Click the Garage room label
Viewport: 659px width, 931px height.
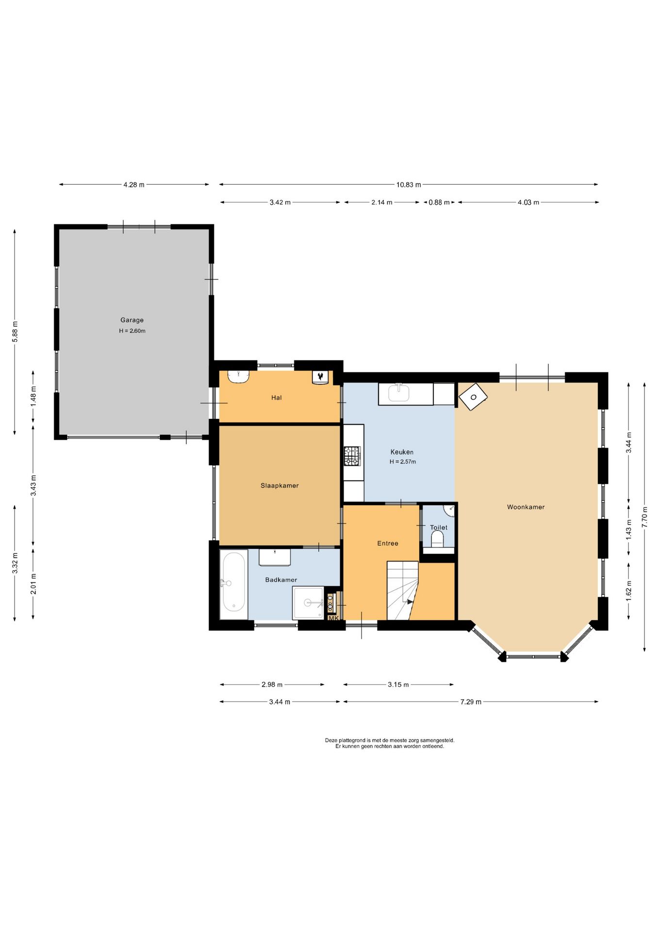point(132,320)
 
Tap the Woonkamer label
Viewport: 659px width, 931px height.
point(526,507)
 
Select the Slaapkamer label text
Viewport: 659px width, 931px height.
point(280,485)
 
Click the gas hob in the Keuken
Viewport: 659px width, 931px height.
point(353,456)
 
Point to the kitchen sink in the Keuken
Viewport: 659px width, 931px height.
point(399,393)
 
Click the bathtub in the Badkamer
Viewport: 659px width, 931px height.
point(234,584)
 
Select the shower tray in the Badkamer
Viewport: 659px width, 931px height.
point(308,603)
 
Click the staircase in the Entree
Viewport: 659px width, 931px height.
point(402,591)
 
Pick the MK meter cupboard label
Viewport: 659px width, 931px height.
point(333,618)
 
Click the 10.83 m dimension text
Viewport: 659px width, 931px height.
point(409,185)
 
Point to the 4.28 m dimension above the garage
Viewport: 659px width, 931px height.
point(134,185)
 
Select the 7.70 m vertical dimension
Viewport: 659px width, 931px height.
point(644,517)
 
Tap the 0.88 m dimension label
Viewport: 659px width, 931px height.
point(439,202)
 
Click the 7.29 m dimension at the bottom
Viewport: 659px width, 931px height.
point(471,702)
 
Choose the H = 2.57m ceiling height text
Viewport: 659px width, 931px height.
point(403,462)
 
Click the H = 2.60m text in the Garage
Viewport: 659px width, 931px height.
point(132,331)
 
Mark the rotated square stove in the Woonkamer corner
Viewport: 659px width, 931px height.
point(473,397)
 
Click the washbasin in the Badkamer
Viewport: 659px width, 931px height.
point(275,557)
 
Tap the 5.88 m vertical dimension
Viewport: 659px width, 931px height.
point(15,332)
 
